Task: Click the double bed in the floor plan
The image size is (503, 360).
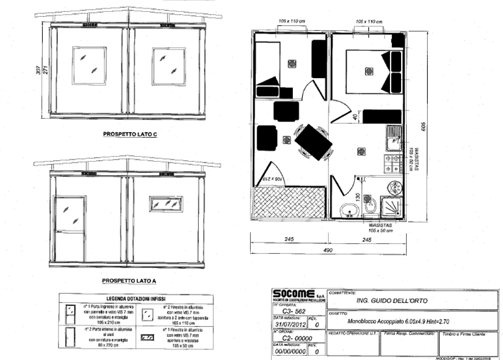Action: pyautogui.click(x=367, y=72)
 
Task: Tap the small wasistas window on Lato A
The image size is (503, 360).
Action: pyautogui.click(x=166, y=205)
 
